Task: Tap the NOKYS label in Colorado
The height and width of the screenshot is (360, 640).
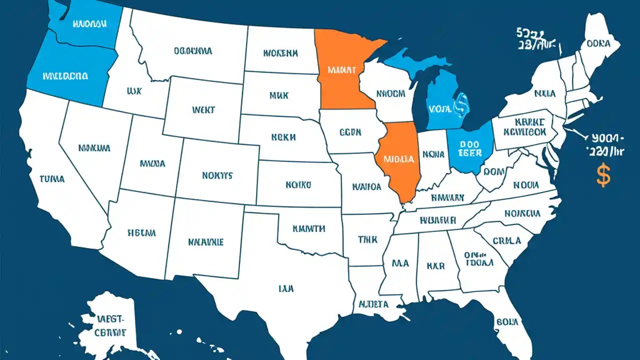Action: pos(217,175)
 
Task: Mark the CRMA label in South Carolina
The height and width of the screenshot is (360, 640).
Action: pos(506,240)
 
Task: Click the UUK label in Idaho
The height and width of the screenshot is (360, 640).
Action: pos(134,91)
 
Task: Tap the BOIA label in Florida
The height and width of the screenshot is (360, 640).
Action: pos(506,321)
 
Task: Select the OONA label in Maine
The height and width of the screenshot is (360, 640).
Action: pos(598,43)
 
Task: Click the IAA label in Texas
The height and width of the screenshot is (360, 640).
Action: pos(286,288)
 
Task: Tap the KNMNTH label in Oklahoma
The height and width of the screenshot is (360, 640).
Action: pos(308,228)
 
